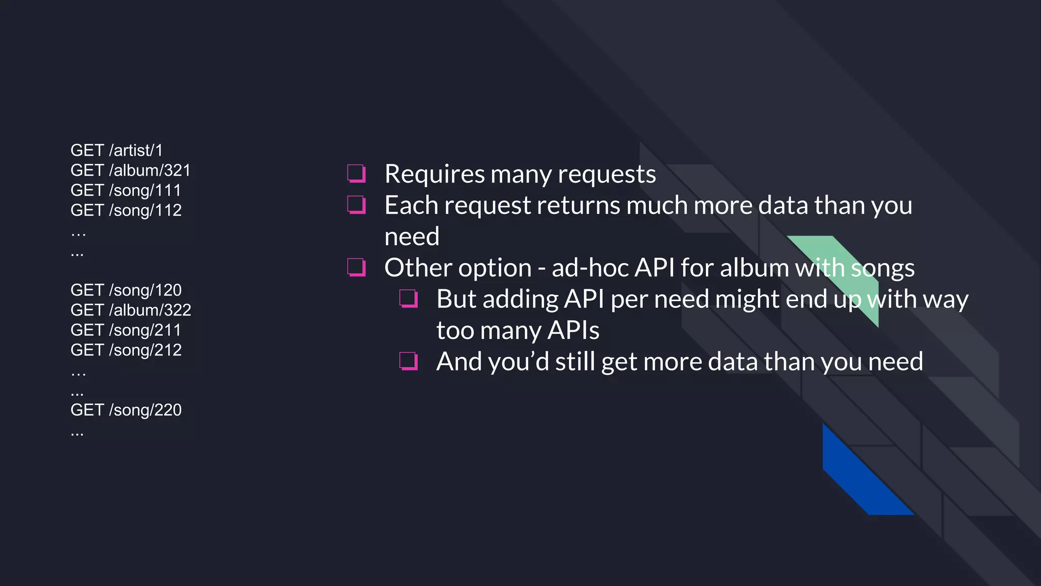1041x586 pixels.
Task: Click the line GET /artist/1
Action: (x=116, y=151)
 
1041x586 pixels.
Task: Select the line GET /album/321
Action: (x=131, y=170)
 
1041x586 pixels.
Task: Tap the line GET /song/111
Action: (x=126, y=190)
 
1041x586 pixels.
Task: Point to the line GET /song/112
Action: (x=126, y=210)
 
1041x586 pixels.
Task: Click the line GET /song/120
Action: (x=126, y=290)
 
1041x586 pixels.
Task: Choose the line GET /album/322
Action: (x=131, y=310)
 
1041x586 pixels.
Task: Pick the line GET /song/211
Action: (x=126, y=330)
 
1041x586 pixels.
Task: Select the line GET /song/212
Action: (x=126, y=350)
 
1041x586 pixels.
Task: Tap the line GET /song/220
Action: (x=126, y=410)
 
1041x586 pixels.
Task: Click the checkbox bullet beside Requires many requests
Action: (x=356, y=173)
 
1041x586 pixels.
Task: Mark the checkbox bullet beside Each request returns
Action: (x=356, y=205)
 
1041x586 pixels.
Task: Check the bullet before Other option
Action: (x=356, y=267)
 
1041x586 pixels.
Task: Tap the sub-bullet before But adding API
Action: (x=409, y=299)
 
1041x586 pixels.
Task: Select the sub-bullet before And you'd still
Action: (x=409, y=361)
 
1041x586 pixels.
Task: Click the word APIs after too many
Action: (x=573, y=331)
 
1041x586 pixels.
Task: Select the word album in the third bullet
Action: (x=754, y=268)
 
